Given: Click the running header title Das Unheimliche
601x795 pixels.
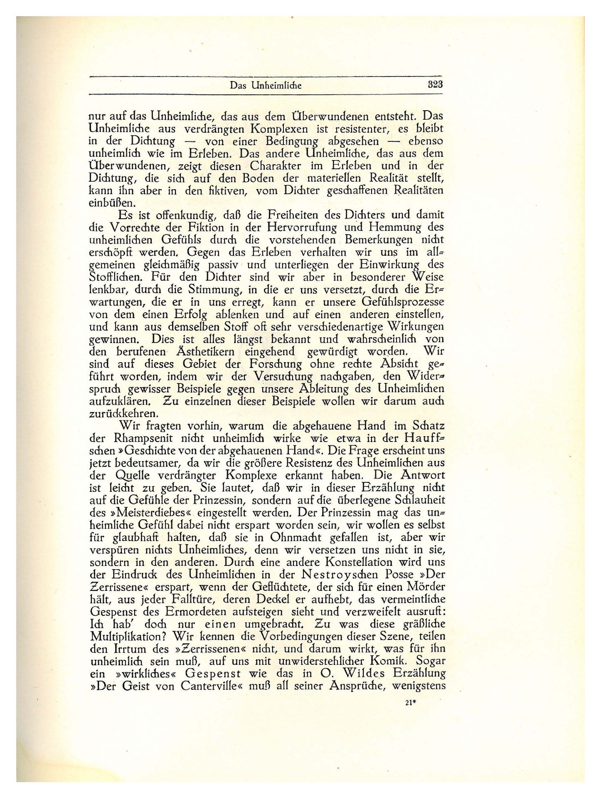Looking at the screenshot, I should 265,86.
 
